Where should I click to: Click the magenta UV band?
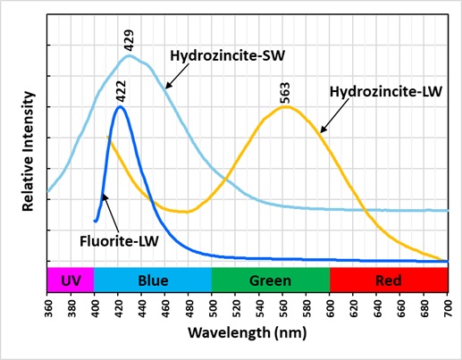click(x=70, y=280)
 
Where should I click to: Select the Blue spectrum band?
click(x=153, y=280)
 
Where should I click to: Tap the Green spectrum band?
click(x=271, y=280)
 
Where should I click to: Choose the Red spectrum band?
click(x=389, y=280)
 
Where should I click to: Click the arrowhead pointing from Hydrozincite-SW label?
click(x=164, y=88)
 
